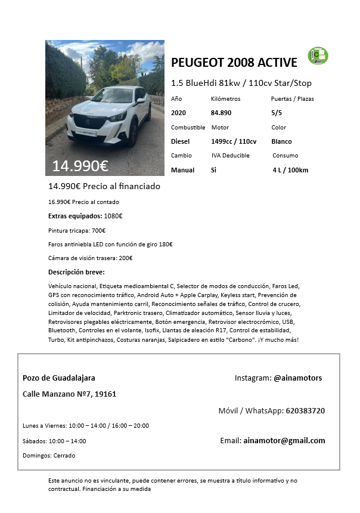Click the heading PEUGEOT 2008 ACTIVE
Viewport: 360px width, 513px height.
pyautogui.click(x=234, y=63)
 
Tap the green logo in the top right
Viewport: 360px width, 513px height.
pyautogui.click(x=318, y=56)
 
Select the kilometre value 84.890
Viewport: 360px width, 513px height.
pyautogui.click(x=221, y=113)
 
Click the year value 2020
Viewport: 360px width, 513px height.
pyautogui.click(x=178, y=113)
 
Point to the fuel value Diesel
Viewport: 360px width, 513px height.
pyautogui.click(x=180, y=141)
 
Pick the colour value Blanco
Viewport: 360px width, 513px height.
pyautogui.click(x=281, y=141)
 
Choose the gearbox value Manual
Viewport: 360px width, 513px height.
pyautogui.click(x=182, y=170)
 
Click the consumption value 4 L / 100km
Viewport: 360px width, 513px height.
pyautogui.click(x=290, y=170)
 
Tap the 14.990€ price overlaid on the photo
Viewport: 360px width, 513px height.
pyautogui.click(x=80, y=166)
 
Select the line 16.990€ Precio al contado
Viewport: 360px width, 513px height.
pyautogui.click(x=83, y=202)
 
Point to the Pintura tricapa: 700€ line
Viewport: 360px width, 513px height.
pyautogui.click(x=77, y=230)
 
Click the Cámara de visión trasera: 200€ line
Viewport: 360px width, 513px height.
pyautogui.click(x=90, y=258)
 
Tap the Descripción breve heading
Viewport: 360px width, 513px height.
pyautogui.click(x=76, y=273)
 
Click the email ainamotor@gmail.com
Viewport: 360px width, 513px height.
pyautogui.click(x=284, y=441)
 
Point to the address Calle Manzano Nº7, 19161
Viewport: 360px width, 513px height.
pyautogui.click(x=69, y=394)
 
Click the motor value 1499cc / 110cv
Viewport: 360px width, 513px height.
pyautogui.click(x=234, y=141)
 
